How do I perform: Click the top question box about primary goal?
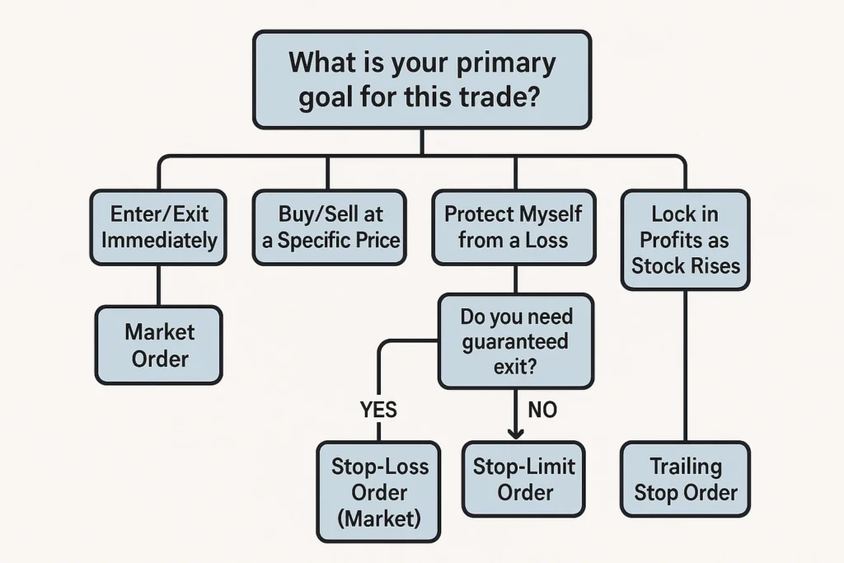421,80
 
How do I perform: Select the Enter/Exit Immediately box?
157,228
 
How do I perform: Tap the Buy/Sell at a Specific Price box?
329,228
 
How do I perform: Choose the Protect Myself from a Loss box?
513,228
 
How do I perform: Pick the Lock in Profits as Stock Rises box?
685,240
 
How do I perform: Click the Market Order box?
159,345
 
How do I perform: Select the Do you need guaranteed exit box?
516,341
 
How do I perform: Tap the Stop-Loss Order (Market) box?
379,491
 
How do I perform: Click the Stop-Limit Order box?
525,479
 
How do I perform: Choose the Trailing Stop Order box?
685,479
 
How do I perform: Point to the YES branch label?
378,410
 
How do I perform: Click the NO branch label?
542,410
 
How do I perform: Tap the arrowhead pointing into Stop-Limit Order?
516,433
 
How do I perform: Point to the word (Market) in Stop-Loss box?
380,518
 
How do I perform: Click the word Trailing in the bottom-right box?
685,466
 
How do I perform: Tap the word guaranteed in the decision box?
515,341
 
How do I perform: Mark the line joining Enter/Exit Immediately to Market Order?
157,285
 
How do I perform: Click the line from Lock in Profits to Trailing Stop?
685,363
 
